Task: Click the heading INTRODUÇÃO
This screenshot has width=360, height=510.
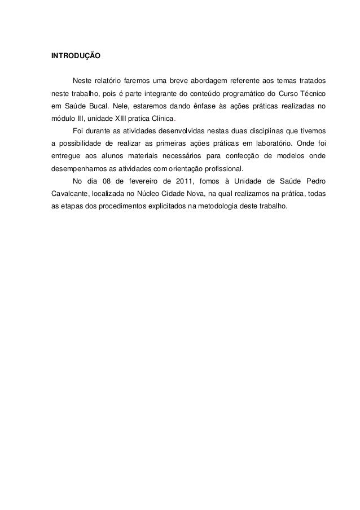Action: click(76, 57)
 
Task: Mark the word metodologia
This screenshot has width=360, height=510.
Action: click(221, 206)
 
